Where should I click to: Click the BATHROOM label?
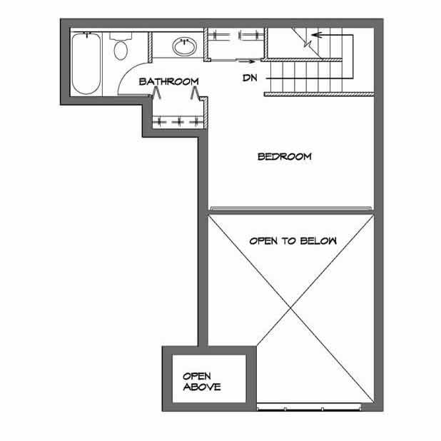click(x=168, y=81)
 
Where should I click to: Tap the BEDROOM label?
click(x=285, y=156)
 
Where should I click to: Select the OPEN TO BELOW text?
click(x=293, y=241)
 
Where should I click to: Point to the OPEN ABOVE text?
click(x=202, y=381)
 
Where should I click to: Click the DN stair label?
click(x=250, y=76)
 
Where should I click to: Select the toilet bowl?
click(x=121, y=50)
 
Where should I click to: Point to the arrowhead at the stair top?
click(x=316, y=34)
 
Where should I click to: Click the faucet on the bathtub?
click(x=86, y=34)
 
